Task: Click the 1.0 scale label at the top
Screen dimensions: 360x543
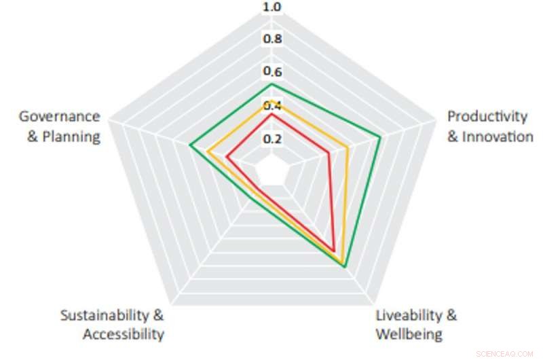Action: (272, 7)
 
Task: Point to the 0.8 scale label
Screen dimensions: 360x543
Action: (272, 38)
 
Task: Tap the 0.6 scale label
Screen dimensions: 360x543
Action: (272, 72)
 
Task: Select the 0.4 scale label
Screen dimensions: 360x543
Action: (272, 105)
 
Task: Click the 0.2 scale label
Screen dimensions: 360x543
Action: (272, 139)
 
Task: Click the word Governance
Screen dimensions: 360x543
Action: (59, 117)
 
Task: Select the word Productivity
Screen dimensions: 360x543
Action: (487, 117)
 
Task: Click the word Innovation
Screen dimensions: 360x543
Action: (498, 137)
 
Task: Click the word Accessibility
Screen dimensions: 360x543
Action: (123, 334)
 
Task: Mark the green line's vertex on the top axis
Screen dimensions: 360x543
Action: (271, 84)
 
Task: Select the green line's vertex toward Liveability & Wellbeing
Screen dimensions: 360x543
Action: (345, 267)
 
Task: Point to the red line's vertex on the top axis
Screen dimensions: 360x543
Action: (271, 114)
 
